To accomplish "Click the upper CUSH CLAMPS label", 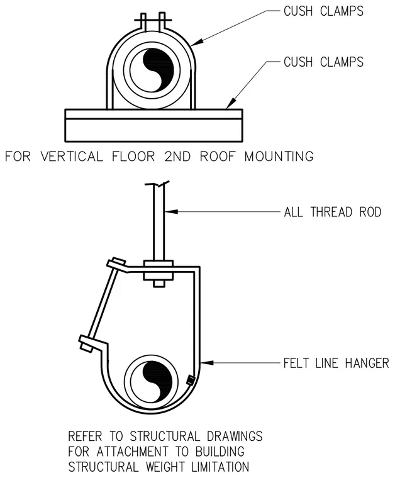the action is point(323,11).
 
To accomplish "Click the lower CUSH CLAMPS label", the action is point(323,62).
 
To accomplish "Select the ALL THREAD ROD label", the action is point(333,212).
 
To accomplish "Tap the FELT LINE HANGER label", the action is point(336,363).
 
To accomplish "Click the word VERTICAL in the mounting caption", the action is point(72,157).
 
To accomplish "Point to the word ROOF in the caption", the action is point(218,157).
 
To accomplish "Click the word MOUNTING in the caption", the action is point(279,157).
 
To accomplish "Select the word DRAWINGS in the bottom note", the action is point(235,436).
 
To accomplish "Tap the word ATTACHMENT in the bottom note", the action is point(132,452).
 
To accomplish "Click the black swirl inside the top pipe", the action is point(155,70).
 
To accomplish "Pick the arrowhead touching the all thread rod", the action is point(171,211).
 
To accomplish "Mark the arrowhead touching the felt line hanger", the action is point(208,363).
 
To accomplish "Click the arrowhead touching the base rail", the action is point(231,103).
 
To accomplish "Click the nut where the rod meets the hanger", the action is point(158,270).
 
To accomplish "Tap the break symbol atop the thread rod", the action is point(157,184).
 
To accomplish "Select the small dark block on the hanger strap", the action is point(190,380).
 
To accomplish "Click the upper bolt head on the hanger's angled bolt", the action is point(116,264).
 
